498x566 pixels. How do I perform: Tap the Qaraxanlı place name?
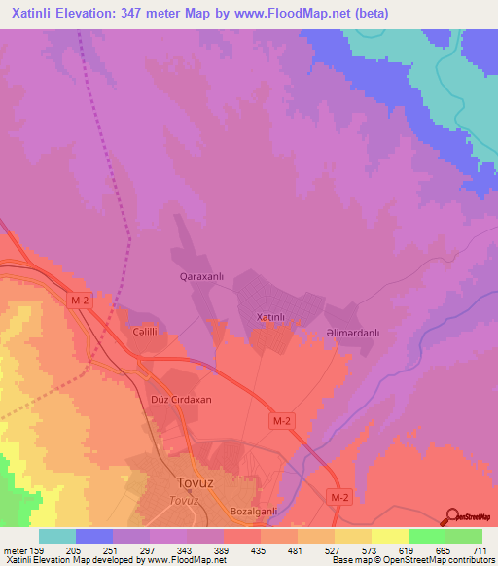point(202,277)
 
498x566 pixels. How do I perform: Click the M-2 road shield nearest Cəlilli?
point(81,302)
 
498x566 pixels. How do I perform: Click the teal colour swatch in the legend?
point(57,536)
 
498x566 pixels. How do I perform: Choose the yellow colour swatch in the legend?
point(390,536)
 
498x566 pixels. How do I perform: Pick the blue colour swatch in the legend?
point(94,536)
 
